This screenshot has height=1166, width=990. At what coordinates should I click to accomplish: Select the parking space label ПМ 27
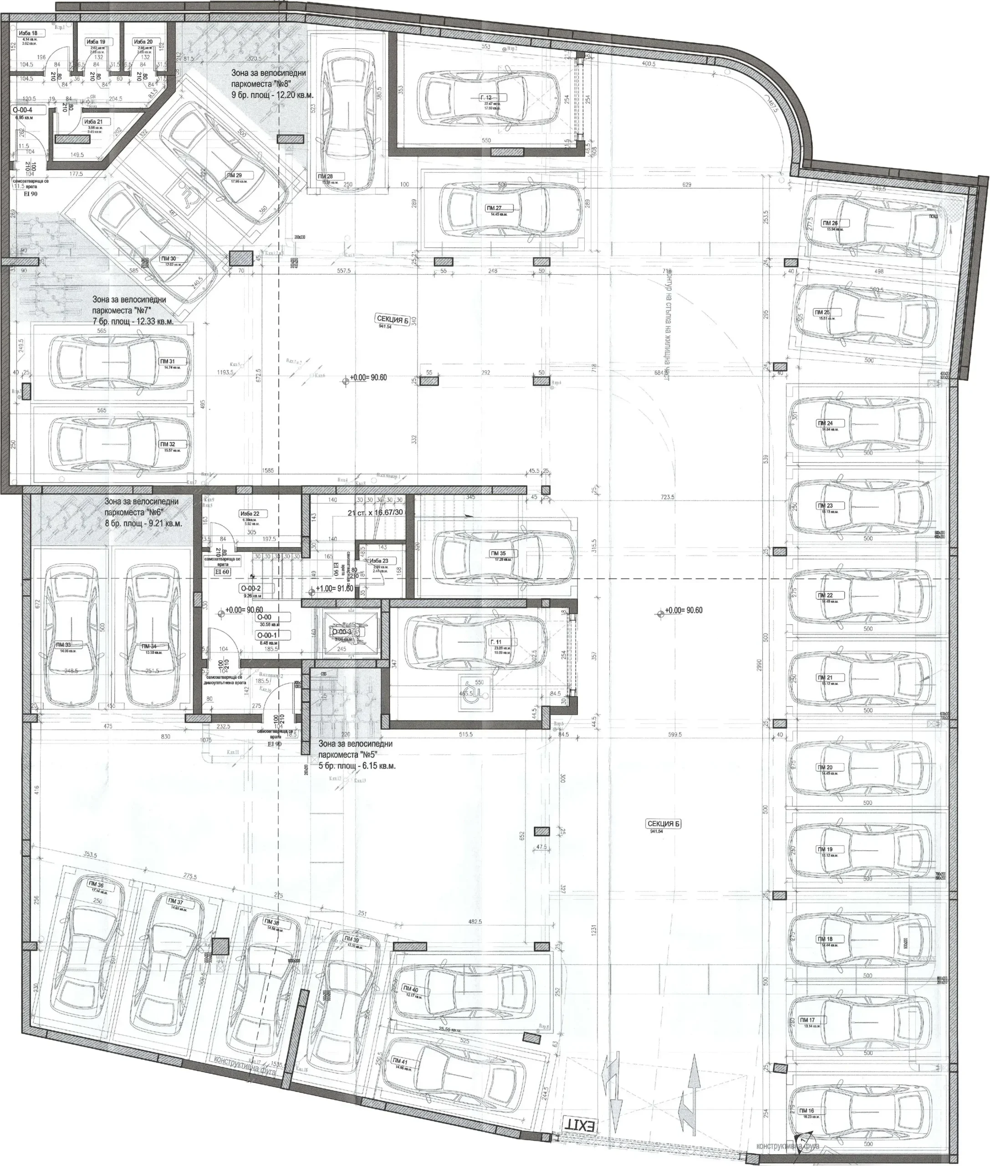pos(495,208)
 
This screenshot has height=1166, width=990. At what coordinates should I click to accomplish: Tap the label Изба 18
pos(28,33)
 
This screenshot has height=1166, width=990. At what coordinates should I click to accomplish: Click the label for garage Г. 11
pos(496,642)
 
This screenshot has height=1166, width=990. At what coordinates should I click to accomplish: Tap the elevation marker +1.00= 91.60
pos(335,589)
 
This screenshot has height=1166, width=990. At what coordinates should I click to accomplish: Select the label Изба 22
pos(250,514)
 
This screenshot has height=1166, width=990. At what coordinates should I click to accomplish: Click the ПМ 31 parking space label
pos(167,362)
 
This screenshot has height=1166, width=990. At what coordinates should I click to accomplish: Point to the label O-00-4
pos(22,111)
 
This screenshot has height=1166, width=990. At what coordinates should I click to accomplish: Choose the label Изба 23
pos(379,561)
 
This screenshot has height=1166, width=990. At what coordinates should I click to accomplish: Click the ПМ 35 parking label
pos(498,553)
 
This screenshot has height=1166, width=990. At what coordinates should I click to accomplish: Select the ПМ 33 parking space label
pos(63,645)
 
